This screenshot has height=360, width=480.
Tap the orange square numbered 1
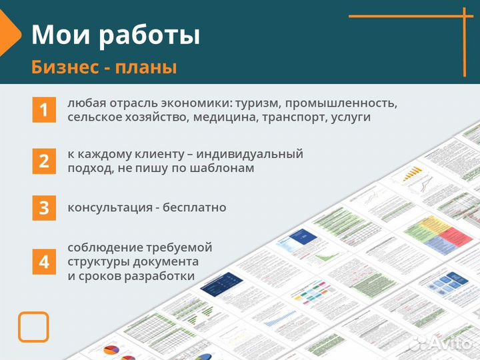(x=44, y=110)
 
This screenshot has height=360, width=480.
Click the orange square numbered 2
(x=44, y=161)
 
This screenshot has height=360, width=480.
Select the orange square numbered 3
(x=44, y=207)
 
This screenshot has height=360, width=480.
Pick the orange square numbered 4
(x=44, y=262)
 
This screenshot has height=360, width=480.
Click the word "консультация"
(x=104, y=207)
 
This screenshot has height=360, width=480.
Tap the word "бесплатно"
(x=195, y=207)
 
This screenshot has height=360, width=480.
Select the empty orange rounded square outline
(x=33, y=327)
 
